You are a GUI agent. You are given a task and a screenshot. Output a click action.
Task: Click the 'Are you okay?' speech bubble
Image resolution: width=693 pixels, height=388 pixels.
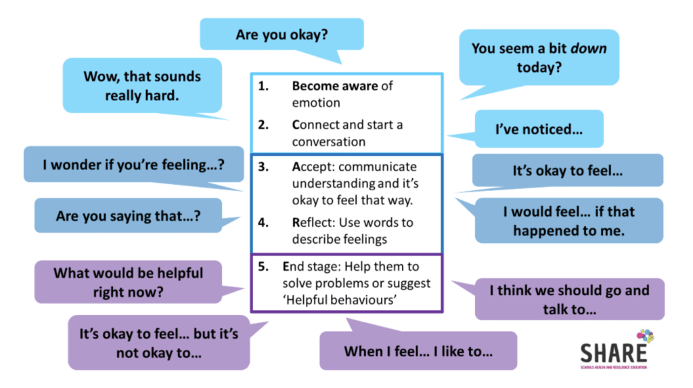pyautogui.click(x=282, y=35)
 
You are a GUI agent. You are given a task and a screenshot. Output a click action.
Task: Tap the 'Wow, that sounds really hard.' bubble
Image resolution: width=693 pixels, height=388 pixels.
pyautogui.click(x=142, y=85)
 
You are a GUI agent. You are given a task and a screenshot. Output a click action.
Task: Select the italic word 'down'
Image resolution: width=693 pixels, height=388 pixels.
pyautogui.click(x=587, y=49)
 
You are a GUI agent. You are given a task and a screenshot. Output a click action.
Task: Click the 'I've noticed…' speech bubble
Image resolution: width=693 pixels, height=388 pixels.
pyautogui.click(x=539, y=129)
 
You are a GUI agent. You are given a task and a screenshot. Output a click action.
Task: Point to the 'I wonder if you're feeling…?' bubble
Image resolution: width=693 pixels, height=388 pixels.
pyautogui.click(x=133, y=165)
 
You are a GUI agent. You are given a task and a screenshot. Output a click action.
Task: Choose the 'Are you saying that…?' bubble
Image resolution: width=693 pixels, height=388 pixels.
pyautogui.click(x=128, y=216)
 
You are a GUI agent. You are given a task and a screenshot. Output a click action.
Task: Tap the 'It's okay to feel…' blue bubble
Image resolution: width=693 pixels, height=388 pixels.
pyautogui.click(x=567, y=171)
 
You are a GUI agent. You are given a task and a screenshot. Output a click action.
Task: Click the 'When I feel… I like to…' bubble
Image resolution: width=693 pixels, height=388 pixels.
pyautogui.click(x=418, y=351)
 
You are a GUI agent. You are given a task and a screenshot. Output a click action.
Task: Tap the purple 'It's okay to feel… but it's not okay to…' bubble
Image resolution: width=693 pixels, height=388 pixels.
pyautogui.click(x=158, y=343)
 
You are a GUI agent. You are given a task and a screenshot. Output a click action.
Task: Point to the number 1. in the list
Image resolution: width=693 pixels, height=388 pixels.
pyautogui.click(x=265, y=87)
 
